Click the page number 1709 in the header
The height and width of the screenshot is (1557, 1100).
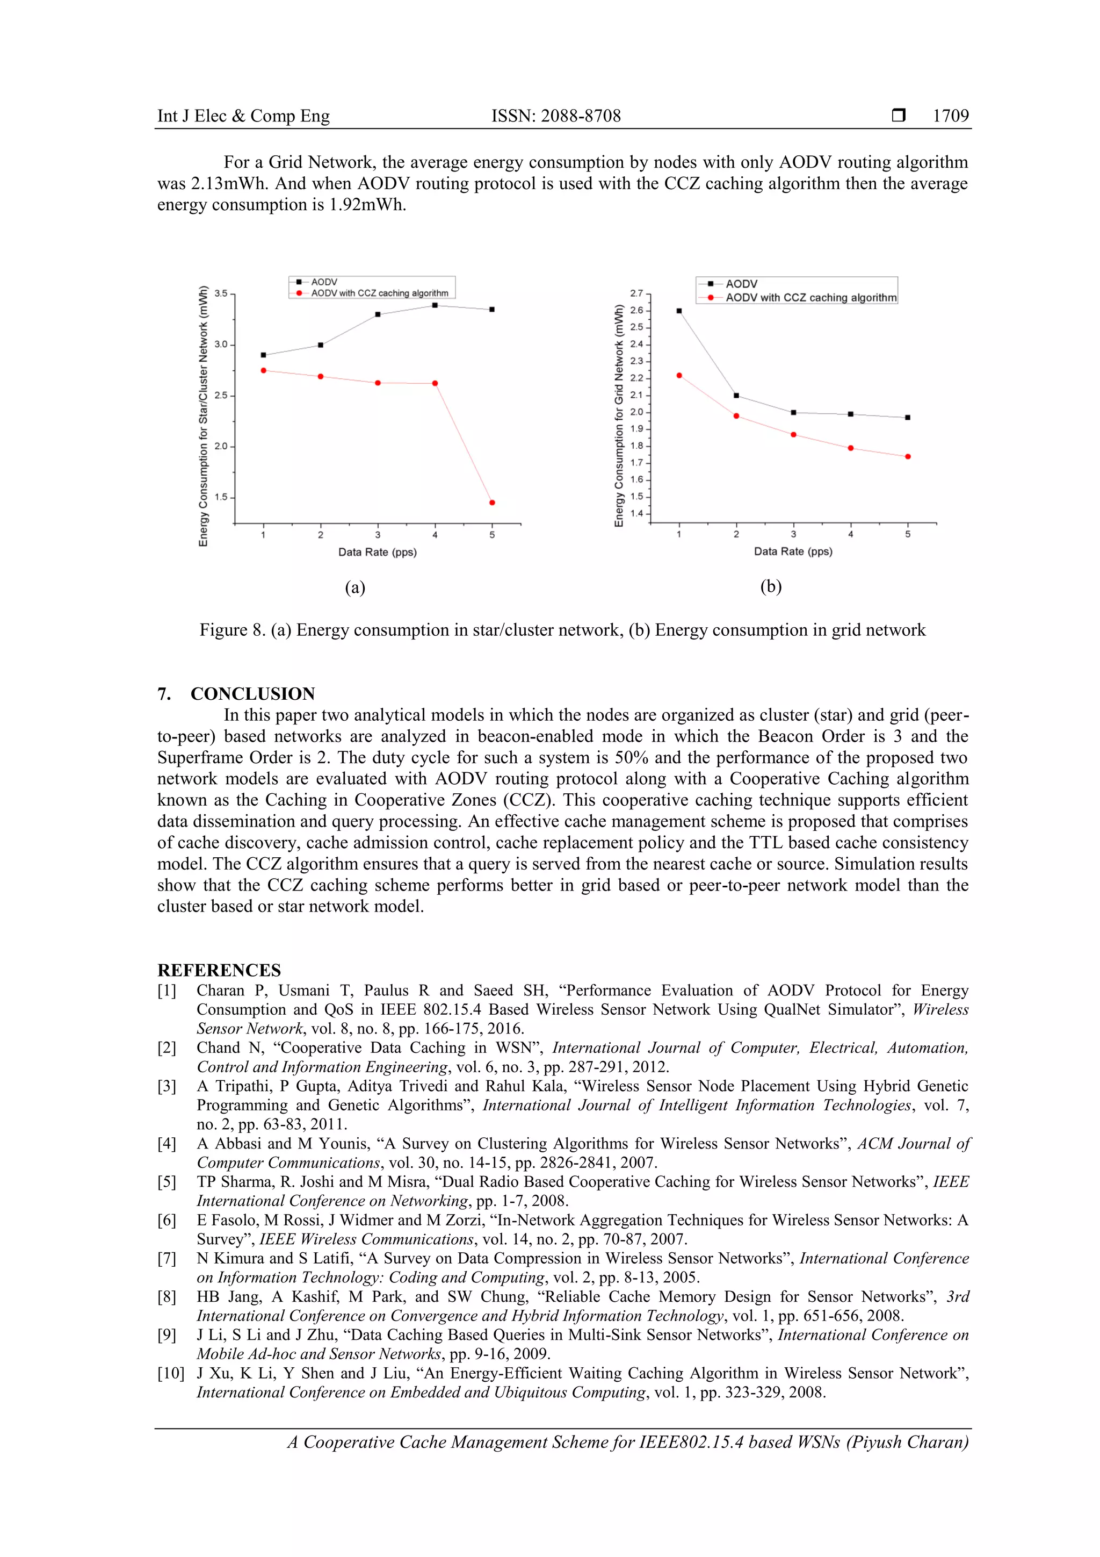(x=950, y=116)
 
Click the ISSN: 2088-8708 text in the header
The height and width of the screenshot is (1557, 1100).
(x=556, y=116)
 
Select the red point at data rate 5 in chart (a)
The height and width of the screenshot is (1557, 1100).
(x=492, y=503)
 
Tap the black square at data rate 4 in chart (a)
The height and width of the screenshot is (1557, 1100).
(x=435, y=305)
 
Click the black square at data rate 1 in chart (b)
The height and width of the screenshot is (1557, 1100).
(x=679, y=311)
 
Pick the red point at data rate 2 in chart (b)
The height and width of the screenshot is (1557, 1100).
(x=736, y=415)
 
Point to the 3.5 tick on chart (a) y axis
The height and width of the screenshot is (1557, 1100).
(x=221, y=293)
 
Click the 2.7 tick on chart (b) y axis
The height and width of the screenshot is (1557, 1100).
(x=636, y=293)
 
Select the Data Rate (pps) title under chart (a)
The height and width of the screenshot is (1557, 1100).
(x=378, y=552)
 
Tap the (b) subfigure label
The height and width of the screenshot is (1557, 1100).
(x=771, y=586)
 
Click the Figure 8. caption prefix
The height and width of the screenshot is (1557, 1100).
(x=232, y=630)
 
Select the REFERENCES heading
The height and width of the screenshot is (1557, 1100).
(x=219, y=970)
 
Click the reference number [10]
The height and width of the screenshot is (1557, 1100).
(x=170, y=1373)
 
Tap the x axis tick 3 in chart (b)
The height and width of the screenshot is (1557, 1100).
(x=793, y=534)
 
